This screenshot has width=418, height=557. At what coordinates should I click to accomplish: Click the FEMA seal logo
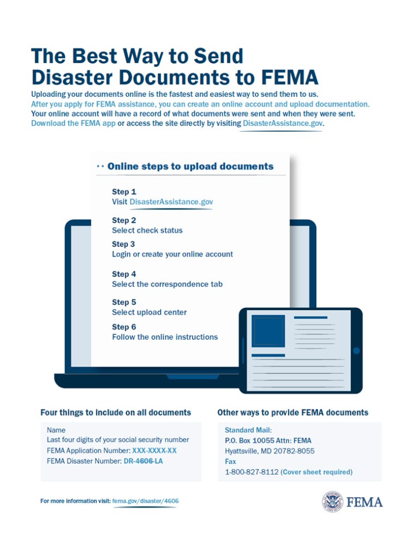[332, 501]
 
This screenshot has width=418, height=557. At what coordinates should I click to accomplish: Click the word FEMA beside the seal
[364, 502]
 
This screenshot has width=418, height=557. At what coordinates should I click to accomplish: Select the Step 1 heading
[124, 192]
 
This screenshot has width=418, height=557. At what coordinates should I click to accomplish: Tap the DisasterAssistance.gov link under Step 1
[171, 201]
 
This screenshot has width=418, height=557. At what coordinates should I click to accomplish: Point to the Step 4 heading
[124, 274]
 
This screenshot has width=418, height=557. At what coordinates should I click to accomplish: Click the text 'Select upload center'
[149, 312]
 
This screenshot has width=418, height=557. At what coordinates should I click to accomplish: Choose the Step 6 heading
[124, 327]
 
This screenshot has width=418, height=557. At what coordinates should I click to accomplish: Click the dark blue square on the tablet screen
[268, 330]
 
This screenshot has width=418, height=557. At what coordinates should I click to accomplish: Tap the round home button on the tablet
[356, 350]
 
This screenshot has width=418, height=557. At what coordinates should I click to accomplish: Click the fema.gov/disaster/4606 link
[145, 501]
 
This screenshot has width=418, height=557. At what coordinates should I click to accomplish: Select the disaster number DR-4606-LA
[143, 461]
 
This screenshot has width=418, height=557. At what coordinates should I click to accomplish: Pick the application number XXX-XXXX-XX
[154, 450]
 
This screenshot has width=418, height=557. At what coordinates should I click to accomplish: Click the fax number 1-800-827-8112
[251, 472]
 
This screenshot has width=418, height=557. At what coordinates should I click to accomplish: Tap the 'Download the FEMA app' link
[73, 123]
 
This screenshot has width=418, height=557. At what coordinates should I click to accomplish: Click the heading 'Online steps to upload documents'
[190, 166]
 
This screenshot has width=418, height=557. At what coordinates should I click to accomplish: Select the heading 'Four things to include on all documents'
[115, 412]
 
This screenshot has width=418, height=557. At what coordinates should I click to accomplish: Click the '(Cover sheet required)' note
[316, 472]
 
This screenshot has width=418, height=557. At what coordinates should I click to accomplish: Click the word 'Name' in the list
[56, 430]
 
